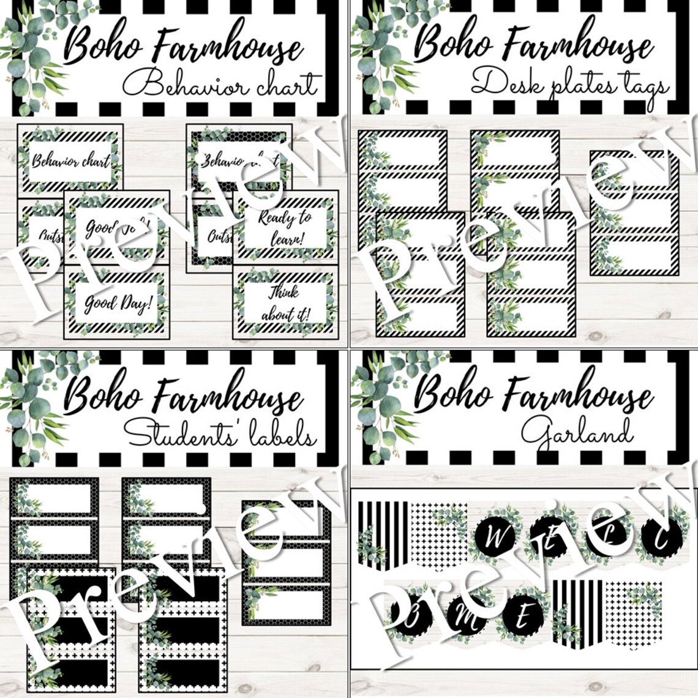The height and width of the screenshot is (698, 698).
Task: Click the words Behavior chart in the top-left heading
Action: pyautogui.click(x=222, y=84)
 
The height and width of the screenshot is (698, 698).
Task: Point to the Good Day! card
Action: pyautogui.click(x=116, y=303)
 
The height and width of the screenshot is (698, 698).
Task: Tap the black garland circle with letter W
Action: pyautogui.click(x=497, y=539)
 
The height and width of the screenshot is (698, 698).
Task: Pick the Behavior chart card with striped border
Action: pyautogui.click(x=70, y=160)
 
